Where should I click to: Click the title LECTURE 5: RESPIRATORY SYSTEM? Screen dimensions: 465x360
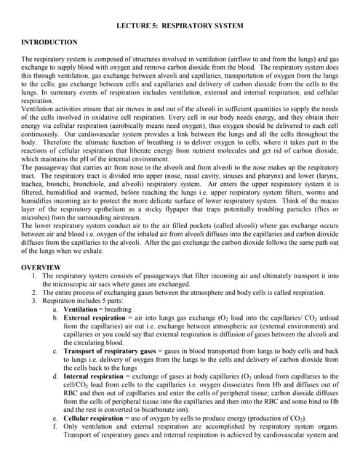tap(180, 26)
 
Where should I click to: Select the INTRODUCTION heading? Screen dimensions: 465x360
tap(49, 43)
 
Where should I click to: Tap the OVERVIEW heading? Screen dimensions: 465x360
tap(41, 267)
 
